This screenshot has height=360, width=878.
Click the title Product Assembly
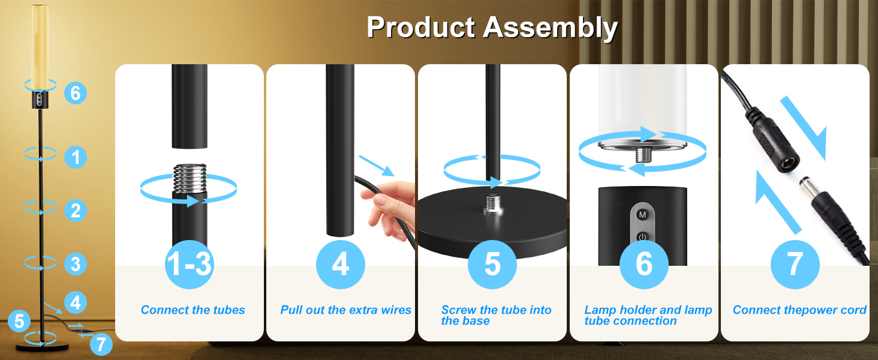coord(492,28)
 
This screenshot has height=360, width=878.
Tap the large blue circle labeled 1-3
coord(189,264)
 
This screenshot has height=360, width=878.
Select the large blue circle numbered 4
coord(341,264)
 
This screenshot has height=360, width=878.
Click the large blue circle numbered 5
coord(492,264)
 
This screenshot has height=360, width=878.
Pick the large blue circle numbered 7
coord(795,264)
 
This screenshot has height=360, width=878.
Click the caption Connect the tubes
coord(193,310)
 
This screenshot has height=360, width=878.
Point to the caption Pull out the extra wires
coord(345,310)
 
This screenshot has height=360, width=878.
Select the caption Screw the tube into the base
coord(496,316)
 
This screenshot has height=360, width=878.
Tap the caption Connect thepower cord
coord(799,310)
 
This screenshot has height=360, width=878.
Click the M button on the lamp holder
coord(642,214)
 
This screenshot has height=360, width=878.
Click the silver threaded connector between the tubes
coord(189,178)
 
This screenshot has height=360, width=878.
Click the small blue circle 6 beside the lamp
coord(76,93)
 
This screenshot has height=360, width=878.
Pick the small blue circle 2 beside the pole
coord(76,211)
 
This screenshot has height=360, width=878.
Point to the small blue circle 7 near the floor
coord(101,344)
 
